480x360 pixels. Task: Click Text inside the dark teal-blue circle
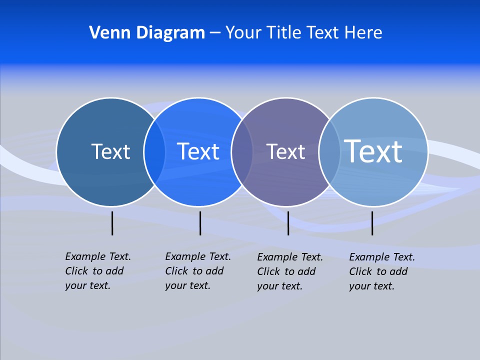coord(110,151)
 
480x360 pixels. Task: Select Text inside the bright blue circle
coord(198,151)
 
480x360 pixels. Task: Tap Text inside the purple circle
coord(285,151)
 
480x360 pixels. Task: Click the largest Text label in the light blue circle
coord(373,151)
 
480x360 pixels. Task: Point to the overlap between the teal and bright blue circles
coord(154,152)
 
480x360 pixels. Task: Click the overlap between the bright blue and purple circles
coord(242,152)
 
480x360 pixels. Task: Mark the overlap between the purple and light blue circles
coord(329,152)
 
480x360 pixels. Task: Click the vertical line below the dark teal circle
coord(112,223)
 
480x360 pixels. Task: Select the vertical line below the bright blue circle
coord(200,223)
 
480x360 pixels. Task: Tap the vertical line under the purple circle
coord(288,223)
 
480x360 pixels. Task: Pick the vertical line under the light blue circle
coord(372,223)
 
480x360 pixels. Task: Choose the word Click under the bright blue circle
coord(176,271)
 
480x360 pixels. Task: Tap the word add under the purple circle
coord(306,271)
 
